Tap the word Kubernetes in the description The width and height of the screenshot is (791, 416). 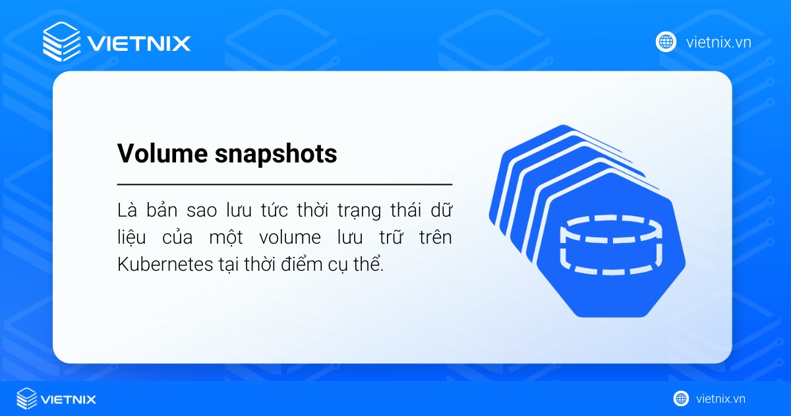[156, 265]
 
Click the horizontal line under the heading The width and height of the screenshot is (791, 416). [284, 184]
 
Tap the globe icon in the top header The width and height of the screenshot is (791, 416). [666, 42]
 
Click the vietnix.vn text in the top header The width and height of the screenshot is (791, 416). [718, 43]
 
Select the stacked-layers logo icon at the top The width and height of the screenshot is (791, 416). [61, 42]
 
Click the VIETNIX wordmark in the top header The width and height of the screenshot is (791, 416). [139, 44]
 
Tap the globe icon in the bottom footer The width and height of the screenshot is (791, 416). [681, 398]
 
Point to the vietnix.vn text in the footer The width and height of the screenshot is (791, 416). [720, 399]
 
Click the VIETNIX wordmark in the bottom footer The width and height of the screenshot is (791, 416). [69, 399]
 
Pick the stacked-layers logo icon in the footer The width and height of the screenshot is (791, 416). [26, 398]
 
